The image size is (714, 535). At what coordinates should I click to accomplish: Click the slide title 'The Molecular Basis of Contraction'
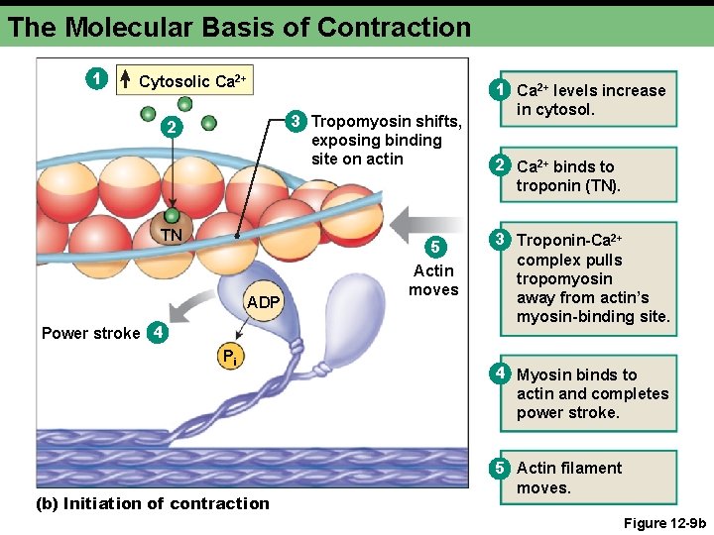point(239,27)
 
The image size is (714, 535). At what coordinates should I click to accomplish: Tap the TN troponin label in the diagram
point(173,235)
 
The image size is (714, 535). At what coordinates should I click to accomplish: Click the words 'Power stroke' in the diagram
point(90,333)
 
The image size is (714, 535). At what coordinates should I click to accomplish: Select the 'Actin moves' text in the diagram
point(433,280)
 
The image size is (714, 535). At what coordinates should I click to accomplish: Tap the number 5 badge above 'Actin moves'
point(434,247)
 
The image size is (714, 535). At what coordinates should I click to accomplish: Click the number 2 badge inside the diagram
point(171,129)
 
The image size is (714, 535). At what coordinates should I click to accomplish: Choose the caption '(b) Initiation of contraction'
point(153,503)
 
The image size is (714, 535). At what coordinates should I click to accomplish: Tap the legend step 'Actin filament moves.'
point(569,478)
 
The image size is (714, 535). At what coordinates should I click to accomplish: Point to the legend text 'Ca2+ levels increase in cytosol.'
point(590,99)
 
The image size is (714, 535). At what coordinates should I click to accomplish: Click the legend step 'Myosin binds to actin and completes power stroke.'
point(592,393)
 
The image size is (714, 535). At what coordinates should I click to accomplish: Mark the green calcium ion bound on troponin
point(173,215)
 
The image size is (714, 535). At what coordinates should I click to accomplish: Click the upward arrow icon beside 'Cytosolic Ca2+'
point(126,78)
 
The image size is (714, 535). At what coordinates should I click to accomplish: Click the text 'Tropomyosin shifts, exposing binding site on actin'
point(386,140)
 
